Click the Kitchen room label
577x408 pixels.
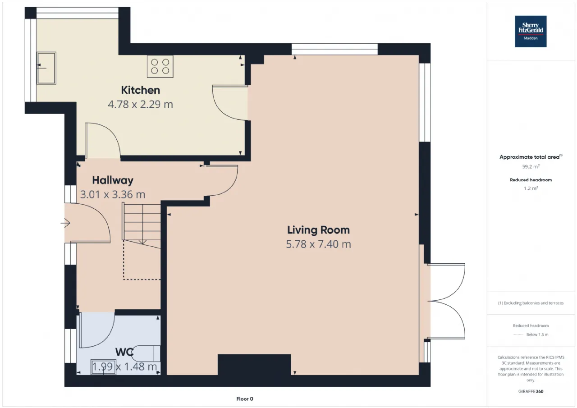[x=140, y=90]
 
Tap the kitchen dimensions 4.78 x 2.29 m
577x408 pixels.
[x=140, y=104]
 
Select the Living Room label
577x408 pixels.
[x=318, y=230]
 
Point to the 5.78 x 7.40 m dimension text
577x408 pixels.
[x=318, y=244]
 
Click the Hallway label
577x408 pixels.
[x=113, y=180]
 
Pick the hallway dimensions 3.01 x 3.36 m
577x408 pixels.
[x=113, y=194]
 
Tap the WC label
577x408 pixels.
[x=124, y=352]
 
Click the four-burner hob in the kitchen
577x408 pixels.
[x=160, y=66]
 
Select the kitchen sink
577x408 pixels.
[x=46, y=68]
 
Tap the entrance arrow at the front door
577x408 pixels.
[x=65, y=223]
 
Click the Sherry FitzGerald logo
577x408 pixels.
[x=531, y=32]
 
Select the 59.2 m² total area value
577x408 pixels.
[x=531, y=167]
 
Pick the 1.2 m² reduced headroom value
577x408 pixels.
[x=531, y=188]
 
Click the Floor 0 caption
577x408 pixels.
[x=245, y=399]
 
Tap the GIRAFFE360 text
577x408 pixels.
[x=531, y=391]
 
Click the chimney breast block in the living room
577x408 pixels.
[x=255, y=364]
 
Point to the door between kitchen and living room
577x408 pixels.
[x=230, y=102]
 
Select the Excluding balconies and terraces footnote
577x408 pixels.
[x=531, y=303]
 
